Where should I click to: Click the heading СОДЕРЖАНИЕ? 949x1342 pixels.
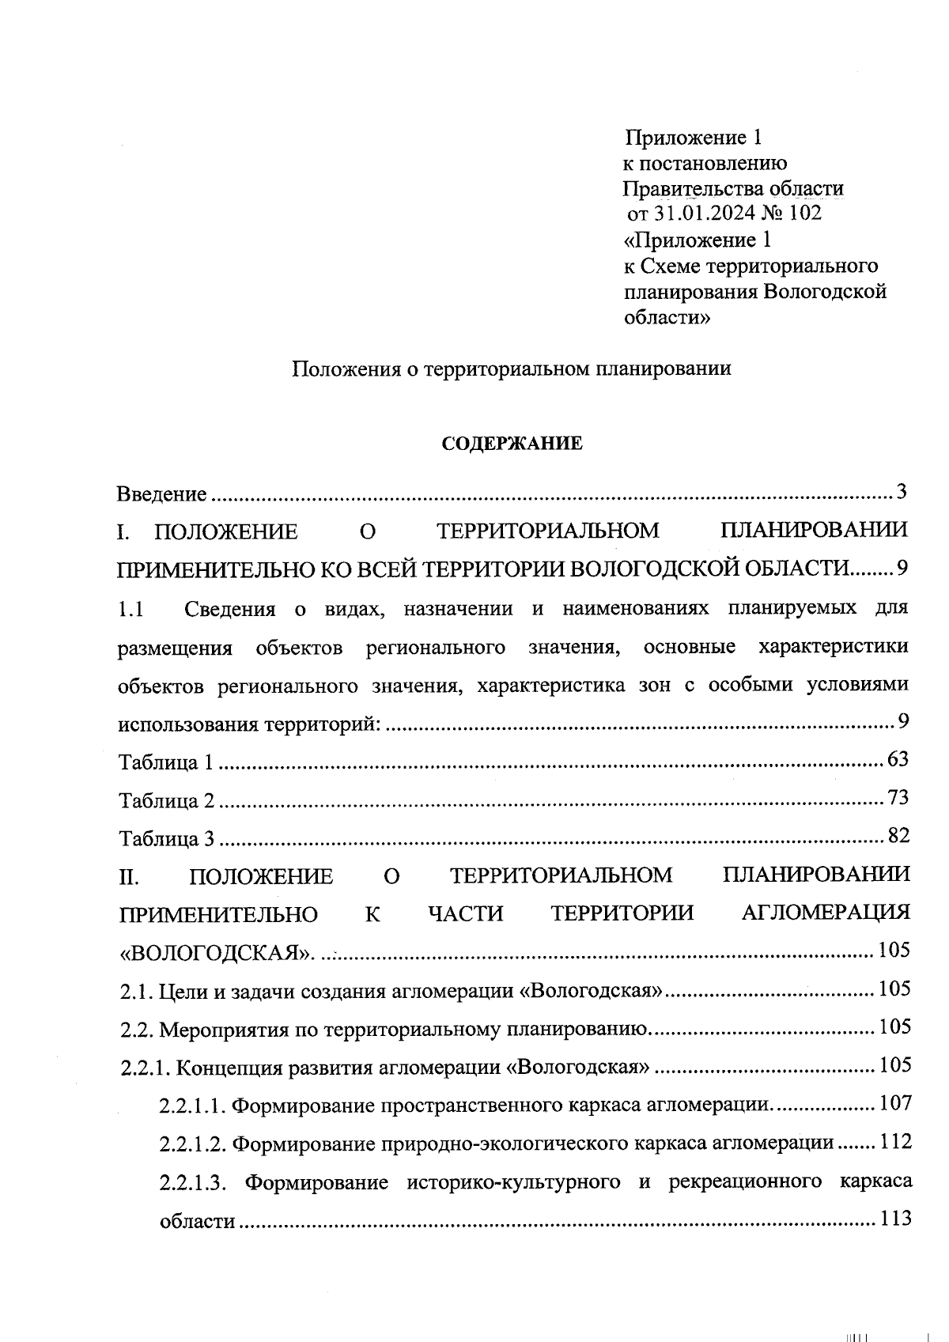511,444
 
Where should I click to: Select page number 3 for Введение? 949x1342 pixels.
901,493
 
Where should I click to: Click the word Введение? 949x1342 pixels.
161,494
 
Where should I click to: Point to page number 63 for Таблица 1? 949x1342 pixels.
898,760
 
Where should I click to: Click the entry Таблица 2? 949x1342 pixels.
166,801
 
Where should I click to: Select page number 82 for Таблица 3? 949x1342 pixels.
898,836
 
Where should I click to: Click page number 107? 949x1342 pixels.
894,1102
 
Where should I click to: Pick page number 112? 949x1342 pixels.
894,1141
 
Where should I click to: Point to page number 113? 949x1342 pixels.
894,1219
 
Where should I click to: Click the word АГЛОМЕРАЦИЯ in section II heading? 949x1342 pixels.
825,913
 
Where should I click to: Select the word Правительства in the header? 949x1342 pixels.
685,189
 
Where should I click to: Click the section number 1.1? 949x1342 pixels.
130,610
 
